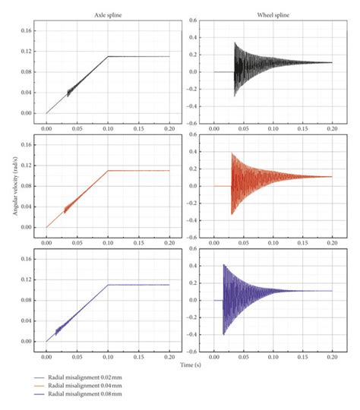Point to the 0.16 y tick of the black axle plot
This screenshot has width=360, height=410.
coord(27,31)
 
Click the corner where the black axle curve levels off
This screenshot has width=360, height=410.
coord(108,56)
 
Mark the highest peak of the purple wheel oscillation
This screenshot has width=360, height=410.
coord(223,265)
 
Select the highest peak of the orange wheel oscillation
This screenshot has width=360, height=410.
coord(231,153)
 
